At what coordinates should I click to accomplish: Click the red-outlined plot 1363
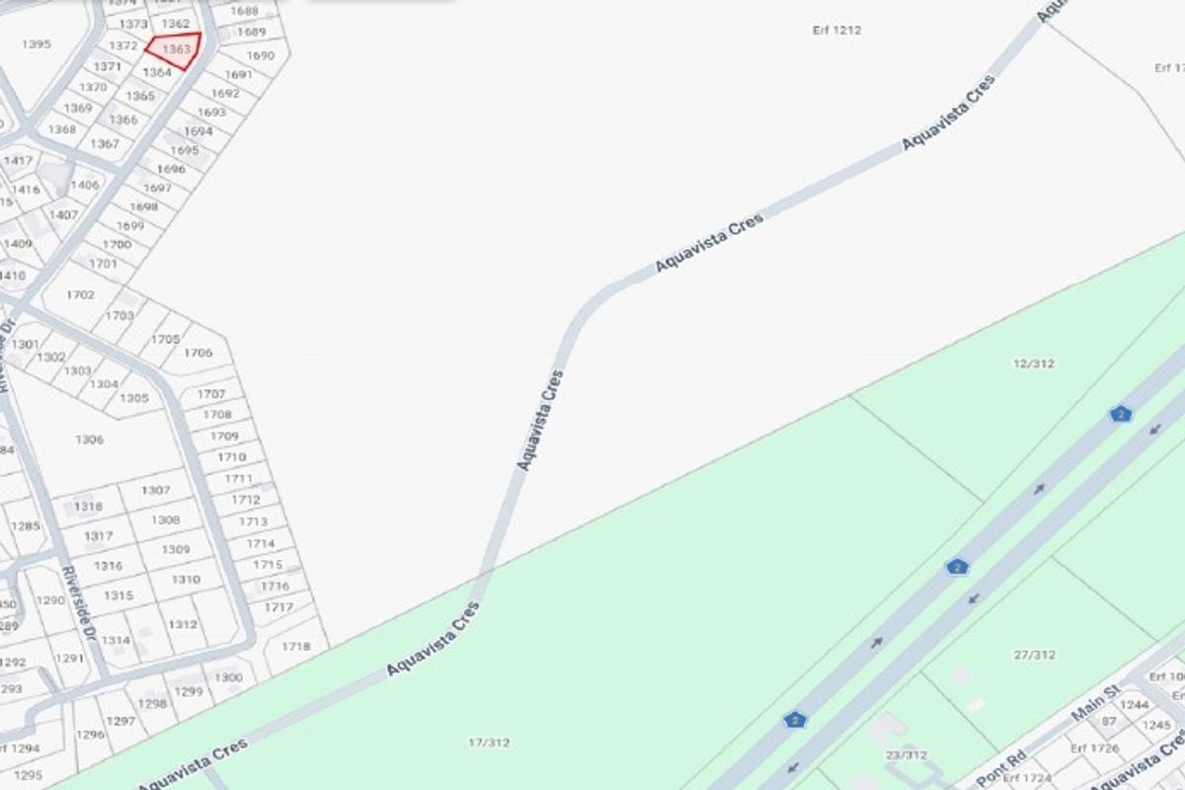coord(175,49)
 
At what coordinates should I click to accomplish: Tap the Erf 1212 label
coord(836,31)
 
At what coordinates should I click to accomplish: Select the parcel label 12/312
coord(1033,363)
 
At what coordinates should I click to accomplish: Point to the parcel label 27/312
coord(1034,654)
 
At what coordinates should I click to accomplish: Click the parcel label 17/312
coord(489,743)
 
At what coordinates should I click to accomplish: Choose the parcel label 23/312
coord(907,755)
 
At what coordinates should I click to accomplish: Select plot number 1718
coord(296,647)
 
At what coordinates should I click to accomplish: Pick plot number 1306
coord(89,439)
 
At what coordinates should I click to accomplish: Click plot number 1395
coord(36,44)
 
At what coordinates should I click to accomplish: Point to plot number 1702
coord(81,294)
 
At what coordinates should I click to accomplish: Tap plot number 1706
coord(197,353)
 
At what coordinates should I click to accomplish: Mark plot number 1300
coord(228,677)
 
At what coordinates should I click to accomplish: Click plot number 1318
coord(88,507)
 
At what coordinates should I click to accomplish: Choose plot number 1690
coord(260,55)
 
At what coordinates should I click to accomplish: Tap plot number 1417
coord(18,161)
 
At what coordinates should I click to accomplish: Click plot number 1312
coord(183,624)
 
